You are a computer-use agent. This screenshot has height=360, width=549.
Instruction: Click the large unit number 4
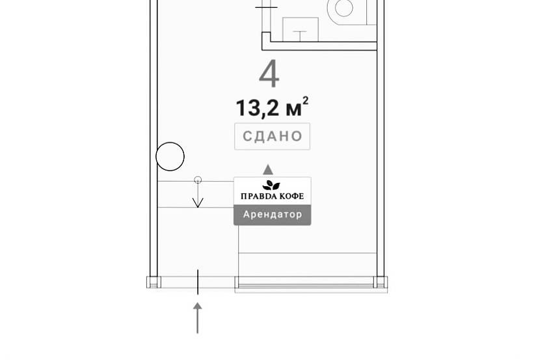(x=269, y=74)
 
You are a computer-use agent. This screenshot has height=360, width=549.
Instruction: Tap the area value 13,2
(x=258, y=108)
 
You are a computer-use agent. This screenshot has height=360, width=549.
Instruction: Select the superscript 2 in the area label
(x=305, y=101)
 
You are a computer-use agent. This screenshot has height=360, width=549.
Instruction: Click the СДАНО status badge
(x=272, y=136)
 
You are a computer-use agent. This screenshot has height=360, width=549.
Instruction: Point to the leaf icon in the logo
(x=271, y=186)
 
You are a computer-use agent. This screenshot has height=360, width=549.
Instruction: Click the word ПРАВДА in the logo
(x=258, y=197)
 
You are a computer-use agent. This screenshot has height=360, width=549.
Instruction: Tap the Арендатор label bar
(x=273, y=215)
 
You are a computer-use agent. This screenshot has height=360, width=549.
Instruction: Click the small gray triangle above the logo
(x=268, y=170)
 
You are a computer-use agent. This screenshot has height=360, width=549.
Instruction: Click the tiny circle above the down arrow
(x=198, y=180)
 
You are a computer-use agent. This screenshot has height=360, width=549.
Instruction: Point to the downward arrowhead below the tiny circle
(x=198, y=203)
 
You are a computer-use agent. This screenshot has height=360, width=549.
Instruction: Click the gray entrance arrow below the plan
(x=198, y=318)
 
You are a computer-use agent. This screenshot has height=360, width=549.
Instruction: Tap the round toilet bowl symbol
(x=344, y=8)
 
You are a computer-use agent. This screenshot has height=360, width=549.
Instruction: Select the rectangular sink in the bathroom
(x=301, y=29)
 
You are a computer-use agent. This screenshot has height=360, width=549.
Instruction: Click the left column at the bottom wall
(x=154, y=282)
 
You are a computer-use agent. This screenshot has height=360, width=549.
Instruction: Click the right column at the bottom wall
(x=381, y=282)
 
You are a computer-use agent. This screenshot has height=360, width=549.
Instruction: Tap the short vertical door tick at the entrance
(x=198, y=282)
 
